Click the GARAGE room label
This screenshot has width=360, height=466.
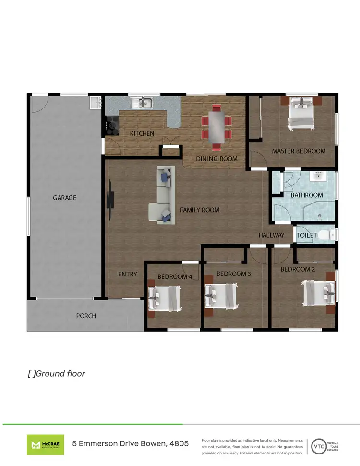tap(64, 197)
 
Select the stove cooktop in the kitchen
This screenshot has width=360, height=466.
tap(111, 126)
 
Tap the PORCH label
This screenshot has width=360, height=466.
tap(86, 316)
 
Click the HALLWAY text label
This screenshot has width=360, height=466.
tap(271, 235)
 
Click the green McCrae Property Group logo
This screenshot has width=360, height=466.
tap(45, 444)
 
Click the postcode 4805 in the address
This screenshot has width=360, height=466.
tap(179, 444)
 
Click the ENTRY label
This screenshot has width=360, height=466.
tap(128, 274)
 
